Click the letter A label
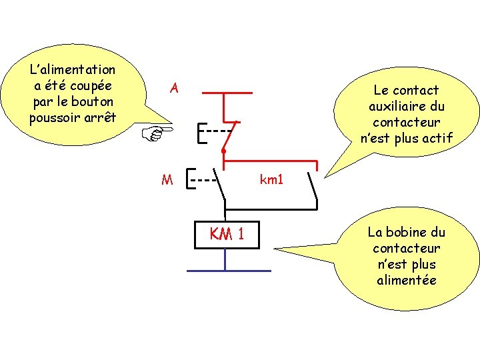pyautogui.click(x=174, y=88)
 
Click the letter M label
pyautogui.click(x=167, y=179)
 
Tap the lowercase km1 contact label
pyautogui.click(x=272, y=179)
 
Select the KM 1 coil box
pyautogui.click(x=225, y=234)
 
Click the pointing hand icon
pyautogui.click(x=158, y=133)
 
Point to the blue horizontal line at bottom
pyautogui.click(x=229, y=271)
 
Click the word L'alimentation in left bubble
pyautogui.click(x=73, y=69)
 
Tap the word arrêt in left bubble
pyautogui.click(x=99, y=118)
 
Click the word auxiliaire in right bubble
pyautogui.click(x=406, y=106)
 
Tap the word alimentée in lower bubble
pyautogui.click(x=406, y=280)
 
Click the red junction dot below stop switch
pyautogui.click(x=224, y=152)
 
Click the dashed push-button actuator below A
pyautogui.click(x=213, y=131)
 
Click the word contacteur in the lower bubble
pyautogui.click(x=406, y=248)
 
